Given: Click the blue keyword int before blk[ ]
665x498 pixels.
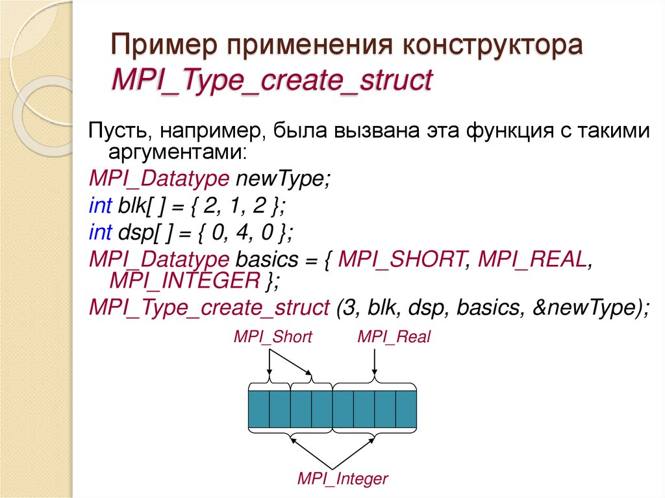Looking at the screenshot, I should pos(101,206).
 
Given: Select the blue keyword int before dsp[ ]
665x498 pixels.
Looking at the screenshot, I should pos(101,231).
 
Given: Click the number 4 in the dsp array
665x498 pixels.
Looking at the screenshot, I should pos(240,231).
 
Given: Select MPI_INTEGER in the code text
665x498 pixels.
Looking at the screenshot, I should pos(185,282).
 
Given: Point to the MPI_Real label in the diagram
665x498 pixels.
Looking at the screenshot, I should pos(394,337).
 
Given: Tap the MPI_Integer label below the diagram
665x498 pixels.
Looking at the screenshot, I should pos(342,480).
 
